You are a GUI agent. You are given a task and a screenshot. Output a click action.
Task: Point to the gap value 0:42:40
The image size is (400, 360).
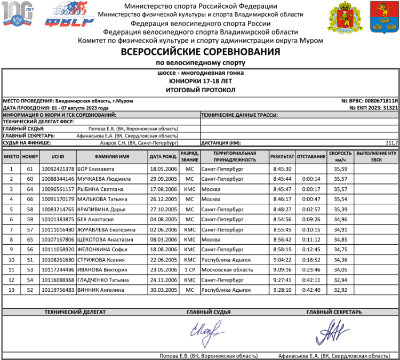[311, 290]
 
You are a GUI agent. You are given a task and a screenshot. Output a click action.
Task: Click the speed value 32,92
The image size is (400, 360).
[340, 290]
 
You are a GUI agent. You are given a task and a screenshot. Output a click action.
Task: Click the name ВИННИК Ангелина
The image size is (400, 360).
[101, 290]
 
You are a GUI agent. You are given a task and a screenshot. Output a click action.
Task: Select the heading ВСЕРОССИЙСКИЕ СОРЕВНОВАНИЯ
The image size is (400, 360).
[200, 52]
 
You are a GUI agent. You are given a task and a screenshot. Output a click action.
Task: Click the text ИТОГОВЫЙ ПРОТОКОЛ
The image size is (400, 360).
[200, 90]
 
